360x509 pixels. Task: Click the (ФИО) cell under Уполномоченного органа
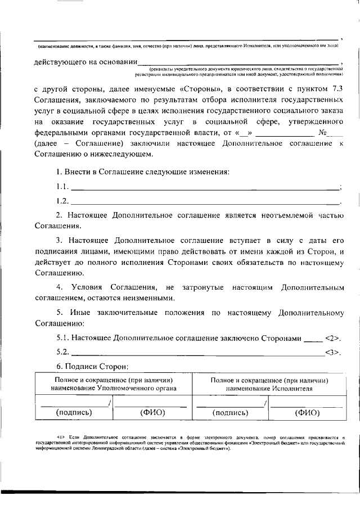click(151, 412)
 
